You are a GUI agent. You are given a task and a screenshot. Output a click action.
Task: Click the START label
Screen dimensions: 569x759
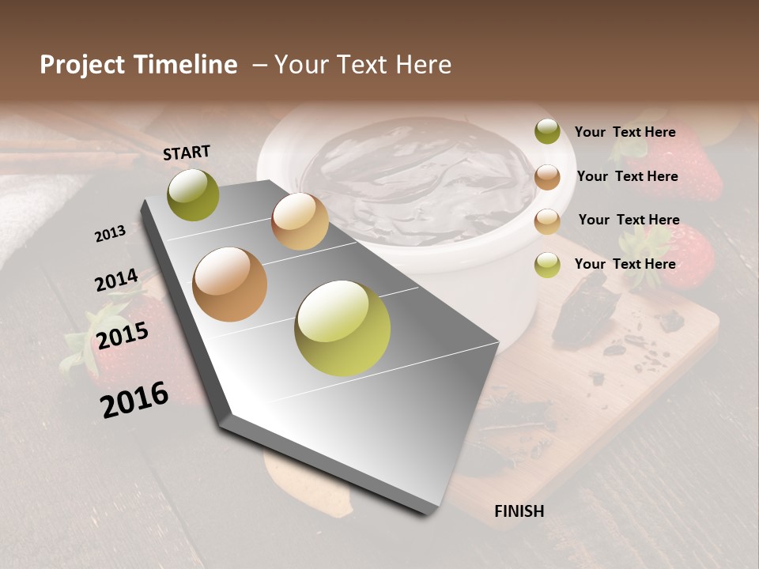[x=187, y=153]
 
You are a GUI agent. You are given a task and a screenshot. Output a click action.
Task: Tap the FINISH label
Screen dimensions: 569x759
[x=519, y=511]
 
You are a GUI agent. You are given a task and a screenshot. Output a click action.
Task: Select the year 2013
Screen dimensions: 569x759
[x=111, y=234]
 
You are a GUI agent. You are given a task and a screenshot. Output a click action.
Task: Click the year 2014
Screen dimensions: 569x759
[x=117, y=280]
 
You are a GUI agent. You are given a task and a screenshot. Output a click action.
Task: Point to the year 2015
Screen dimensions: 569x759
[x=123, y=336]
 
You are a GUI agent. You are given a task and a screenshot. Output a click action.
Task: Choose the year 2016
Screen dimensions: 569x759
[x=134, y=399]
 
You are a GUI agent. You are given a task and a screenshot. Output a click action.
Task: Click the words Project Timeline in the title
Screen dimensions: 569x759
[x=138, y=65]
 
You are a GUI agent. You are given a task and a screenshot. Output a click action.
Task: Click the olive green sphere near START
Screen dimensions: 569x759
[x=193, y=195]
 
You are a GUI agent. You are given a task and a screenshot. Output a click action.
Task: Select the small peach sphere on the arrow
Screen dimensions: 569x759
[x=300, y=221]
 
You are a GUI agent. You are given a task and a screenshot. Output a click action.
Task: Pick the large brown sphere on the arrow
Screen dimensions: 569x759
[x=230, y=284]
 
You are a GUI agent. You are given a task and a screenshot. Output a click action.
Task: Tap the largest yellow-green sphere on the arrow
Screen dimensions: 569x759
[x=342, y=328]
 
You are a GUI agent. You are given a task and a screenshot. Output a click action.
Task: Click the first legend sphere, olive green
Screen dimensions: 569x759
[x=547, y=132]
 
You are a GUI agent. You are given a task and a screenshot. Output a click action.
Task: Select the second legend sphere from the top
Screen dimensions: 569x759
[x=547, y=177]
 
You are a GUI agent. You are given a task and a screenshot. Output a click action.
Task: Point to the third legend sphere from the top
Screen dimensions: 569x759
[x=547, y=221]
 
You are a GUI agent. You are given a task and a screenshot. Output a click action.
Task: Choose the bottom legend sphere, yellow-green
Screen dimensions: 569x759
[x=547, y=265]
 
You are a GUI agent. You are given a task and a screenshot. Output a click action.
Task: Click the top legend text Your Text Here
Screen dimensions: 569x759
[x=625, y=132]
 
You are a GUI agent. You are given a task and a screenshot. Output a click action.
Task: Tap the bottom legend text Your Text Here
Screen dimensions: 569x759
[x=625, y=264]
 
